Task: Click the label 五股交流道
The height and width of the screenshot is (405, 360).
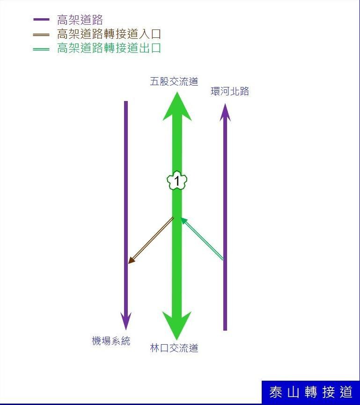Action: point(174,81)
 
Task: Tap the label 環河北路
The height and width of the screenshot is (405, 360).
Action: point(230,91)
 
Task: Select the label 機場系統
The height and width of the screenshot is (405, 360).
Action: point(111,341)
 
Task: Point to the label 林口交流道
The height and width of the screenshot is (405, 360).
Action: point(174,348)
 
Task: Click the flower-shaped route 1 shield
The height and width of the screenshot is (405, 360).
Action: point(177,181)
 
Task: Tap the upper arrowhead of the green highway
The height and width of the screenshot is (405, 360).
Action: point(177,107)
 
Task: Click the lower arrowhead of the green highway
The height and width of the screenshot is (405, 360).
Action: point(177,325)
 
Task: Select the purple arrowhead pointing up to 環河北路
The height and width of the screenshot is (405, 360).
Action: point(225,112)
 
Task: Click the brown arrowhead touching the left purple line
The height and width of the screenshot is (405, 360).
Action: point(132,260)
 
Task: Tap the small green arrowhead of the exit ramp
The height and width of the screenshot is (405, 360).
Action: point(184,221)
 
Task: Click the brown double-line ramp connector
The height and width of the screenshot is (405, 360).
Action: point(151,240)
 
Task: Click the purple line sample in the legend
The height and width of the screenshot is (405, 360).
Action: point(41,20)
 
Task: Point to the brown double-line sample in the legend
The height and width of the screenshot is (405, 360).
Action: point(41,35)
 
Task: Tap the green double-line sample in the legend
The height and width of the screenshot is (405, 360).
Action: point(41,49)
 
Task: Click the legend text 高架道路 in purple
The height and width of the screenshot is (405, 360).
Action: point(80,20)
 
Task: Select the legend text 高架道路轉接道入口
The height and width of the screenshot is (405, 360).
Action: point(109,34)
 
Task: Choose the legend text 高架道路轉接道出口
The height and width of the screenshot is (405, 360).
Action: point(109,48)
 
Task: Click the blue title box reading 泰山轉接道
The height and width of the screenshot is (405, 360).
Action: point(310,392)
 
